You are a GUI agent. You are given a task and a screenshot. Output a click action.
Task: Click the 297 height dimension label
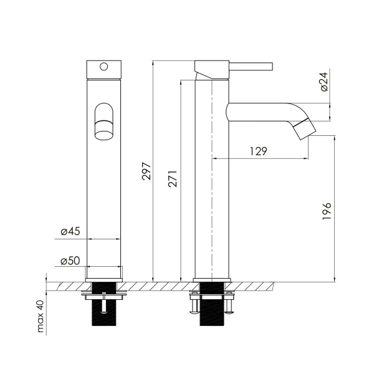pyautogui.click(x=146, y=171)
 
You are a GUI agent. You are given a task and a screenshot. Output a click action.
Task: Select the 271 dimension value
pyautogui.click(x=173, y=178)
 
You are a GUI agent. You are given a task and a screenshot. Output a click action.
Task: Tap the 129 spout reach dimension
pyautogui.click(x=259, y=151)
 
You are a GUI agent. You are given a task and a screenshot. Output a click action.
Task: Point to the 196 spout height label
pyautogui.click(x=327, y=211)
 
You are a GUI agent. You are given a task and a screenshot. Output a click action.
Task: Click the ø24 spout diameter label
pyautogui.click(x=324, y=82)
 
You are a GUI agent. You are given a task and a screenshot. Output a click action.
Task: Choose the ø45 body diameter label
pyautogui.click(x=70, y=231)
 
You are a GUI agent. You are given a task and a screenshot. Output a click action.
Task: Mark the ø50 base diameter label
pyautogui.click(x=70, y=261)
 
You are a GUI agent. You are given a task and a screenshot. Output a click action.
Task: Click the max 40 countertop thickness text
pyautogui.click(x=41, y=316)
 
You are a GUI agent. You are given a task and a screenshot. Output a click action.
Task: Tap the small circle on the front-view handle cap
pyautogui.click(x=103, y=67)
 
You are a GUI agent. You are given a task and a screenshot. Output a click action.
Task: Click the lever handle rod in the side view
pyautogui.click(x=251, y=67)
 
